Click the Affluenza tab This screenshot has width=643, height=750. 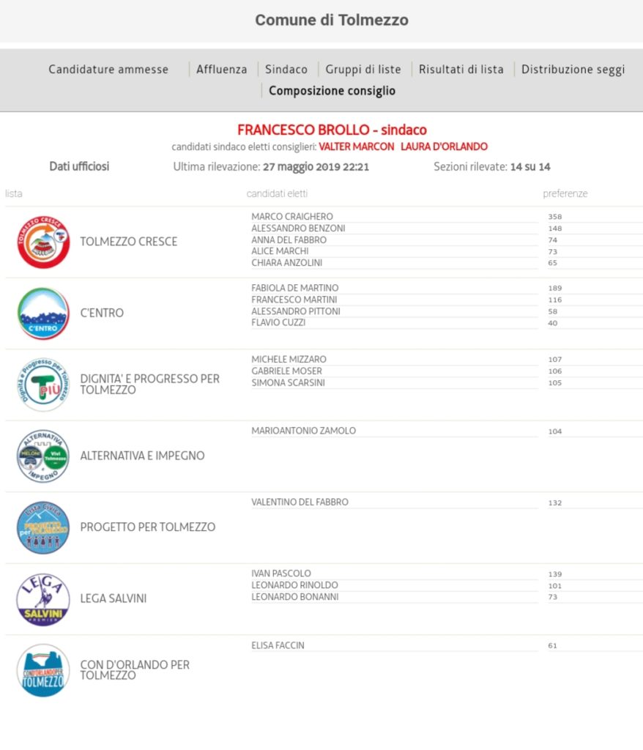(x=221, y=70)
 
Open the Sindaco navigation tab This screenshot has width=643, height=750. (x=286, y=70)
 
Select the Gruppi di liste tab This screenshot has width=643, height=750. (x=363, y=70)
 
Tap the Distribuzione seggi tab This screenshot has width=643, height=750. (x=573, y=70)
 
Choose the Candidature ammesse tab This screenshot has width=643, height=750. (x=108, y=70)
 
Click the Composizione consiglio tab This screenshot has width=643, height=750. (x=332, y=91)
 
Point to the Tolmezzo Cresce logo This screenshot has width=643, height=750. (x=43, y=242)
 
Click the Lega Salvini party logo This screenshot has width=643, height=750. (x=43, y=599)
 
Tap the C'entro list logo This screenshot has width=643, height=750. (x=43, y=313)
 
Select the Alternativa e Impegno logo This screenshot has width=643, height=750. (x=43, y=456)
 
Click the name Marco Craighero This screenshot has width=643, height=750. (x=292, y=217)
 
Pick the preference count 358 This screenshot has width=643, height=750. (x=555, y=217)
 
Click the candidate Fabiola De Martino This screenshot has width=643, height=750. (x=295, y=288)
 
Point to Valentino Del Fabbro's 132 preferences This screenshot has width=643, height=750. (x=555, y=503)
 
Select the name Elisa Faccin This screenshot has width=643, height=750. (x=278, y=645)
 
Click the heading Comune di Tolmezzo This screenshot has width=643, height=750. (x=332, y=21)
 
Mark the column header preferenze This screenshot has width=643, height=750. (x=565, y=193)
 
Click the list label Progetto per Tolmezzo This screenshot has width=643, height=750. (x=147, y=527)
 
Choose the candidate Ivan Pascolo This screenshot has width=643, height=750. (x=281, y=573)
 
